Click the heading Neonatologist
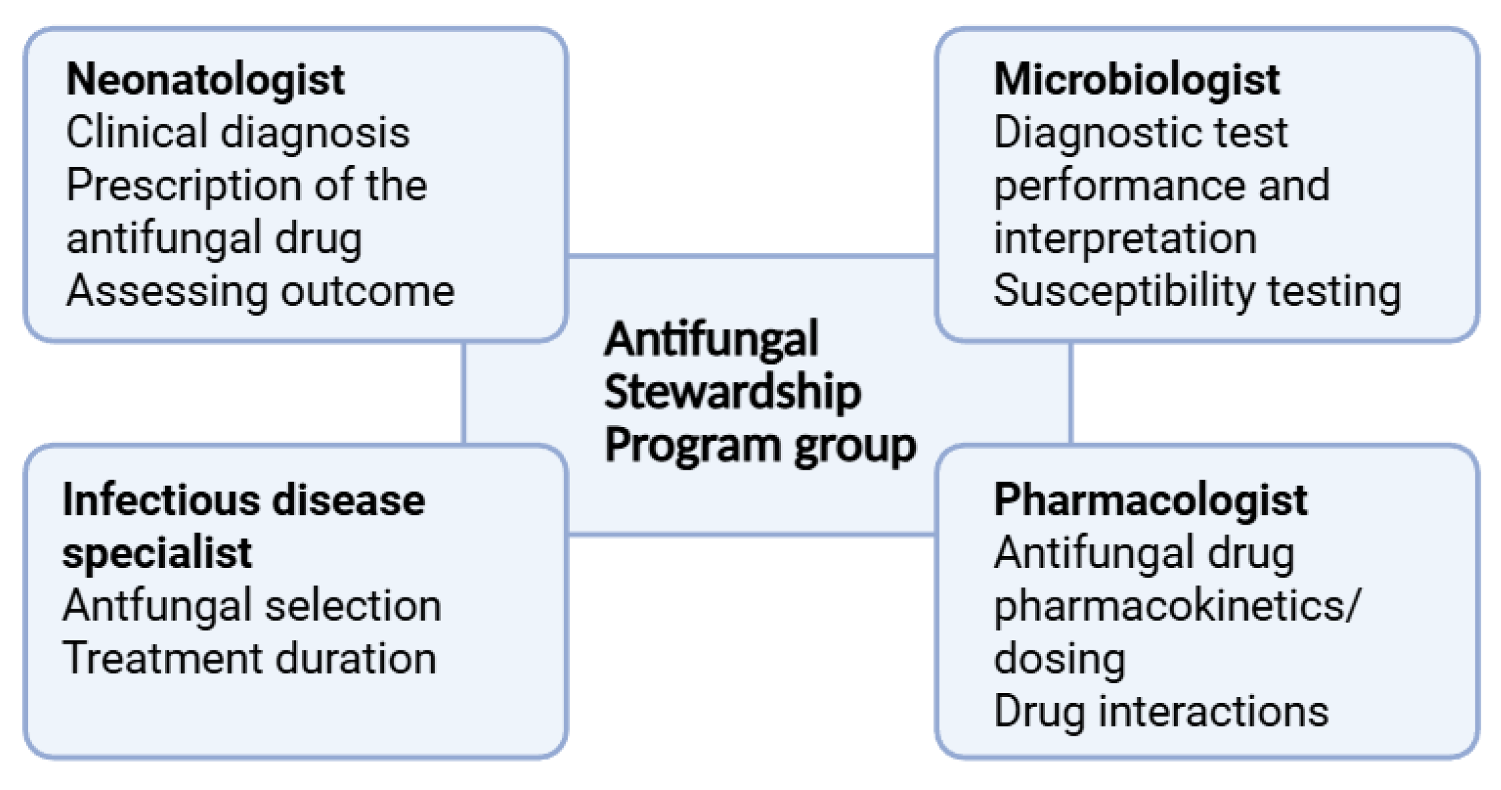click(205, 80)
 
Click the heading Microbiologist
click(1136, 80)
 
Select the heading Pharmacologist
click(1150, 500)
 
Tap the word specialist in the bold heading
click(157, 554)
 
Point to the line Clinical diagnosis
click(238, 133)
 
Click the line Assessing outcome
click(260, 292)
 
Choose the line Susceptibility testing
click(1196, 292)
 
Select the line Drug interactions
click(1160, 712)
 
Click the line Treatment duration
click(250, 659)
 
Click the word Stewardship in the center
click(732, 393)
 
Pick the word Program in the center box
click(691, 446)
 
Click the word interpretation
click(1124, 238)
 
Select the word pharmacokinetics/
click(1176, 607)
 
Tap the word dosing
click(1059, 659)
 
